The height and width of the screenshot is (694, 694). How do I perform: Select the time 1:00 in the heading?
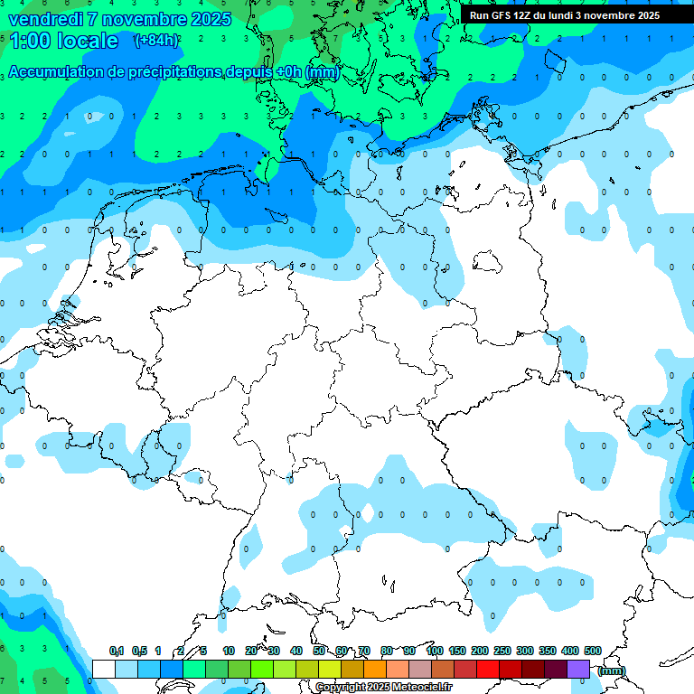[29, 41]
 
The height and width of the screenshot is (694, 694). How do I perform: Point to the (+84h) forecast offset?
[156, 40]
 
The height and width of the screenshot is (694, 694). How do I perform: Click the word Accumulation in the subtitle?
[56, 72]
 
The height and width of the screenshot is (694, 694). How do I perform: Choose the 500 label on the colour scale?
[593, 651]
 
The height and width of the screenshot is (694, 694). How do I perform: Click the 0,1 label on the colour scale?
[117, 651]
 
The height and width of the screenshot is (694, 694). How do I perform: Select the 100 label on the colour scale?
[434, 651]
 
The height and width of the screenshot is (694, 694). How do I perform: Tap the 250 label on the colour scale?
[502, 651]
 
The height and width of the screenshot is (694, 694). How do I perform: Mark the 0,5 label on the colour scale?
[139, 651]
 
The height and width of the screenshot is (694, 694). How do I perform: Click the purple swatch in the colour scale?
[578, 669]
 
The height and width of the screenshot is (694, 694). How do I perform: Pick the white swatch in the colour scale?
[104, 669]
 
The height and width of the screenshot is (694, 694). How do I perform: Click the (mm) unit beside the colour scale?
[611, 671]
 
